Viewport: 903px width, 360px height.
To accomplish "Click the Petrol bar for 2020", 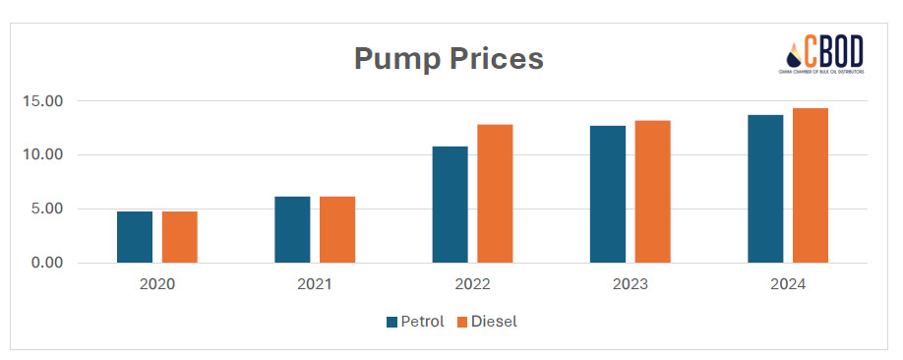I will click(135, 237).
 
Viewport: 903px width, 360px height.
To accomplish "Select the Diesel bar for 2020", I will click(180, 237).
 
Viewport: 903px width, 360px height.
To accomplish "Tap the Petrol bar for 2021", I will click(292, 230).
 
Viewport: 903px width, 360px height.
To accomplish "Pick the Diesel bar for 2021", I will click(337, 230).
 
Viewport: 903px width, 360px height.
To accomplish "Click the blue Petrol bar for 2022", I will click(450, 205).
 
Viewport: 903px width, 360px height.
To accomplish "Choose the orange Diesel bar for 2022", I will click(495, 194).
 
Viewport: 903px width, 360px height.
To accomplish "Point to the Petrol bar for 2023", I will click(608, 195).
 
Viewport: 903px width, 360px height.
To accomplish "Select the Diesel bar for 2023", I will click(652, 192).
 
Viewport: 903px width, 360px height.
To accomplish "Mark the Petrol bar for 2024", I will click(765, 189).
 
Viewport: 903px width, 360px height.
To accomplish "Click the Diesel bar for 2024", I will click(811, 186).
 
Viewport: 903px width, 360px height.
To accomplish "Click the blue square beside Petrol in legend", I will click(392, 322).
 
